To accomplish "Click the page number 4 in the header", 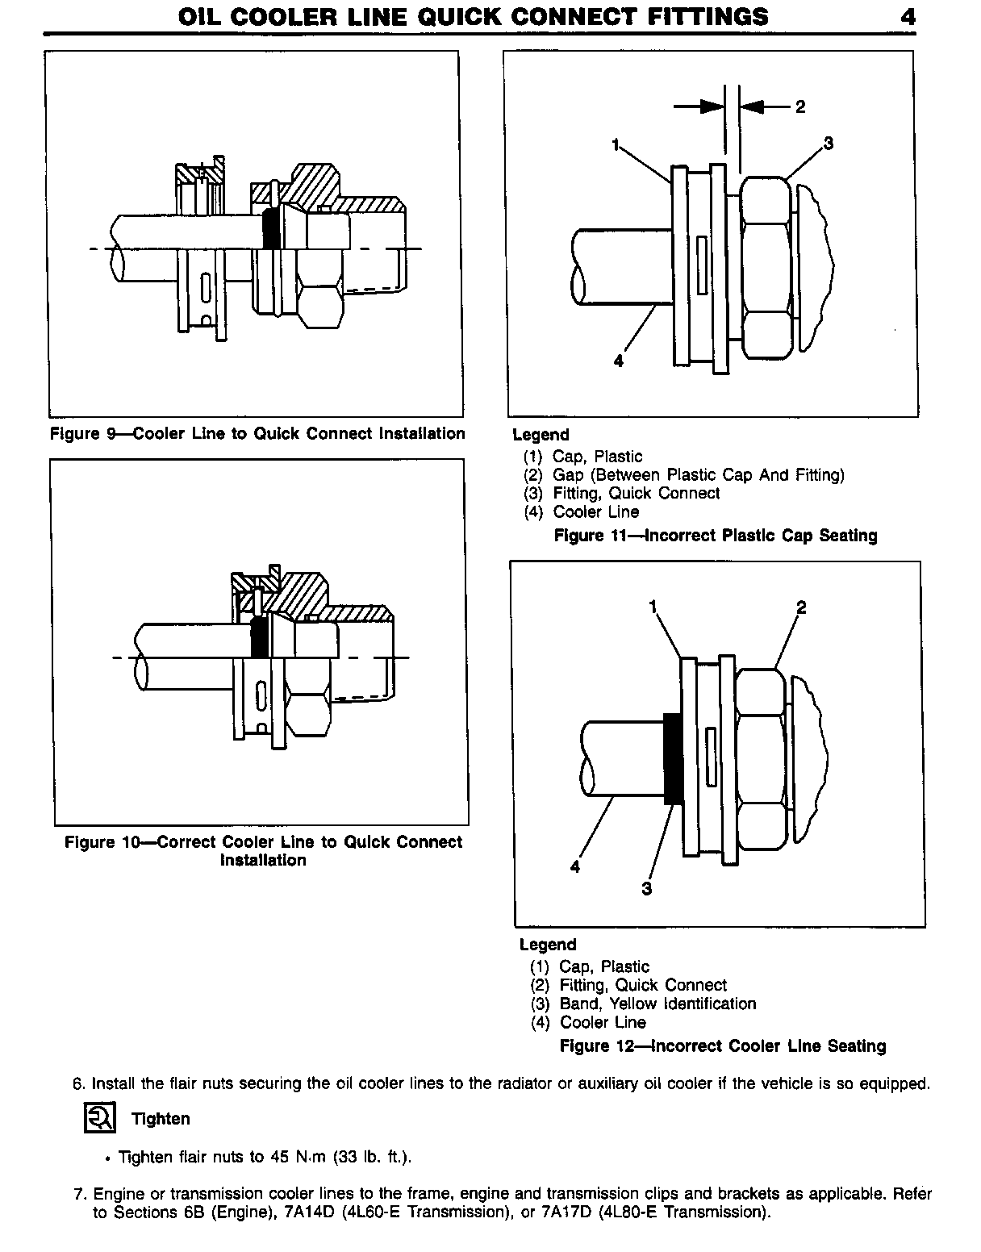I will click(908, 16).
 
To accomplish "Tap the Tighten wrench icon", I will click(101, 1117).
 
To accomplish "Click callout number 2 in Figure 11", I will click(799, 106).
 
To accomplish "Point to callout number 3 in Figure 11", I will click(828, 144).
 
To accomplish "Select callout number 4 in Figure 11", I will click(618, 361).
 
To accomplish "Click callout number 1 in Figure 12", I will click(653, 607).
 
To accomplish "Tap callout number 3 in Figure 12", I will click(646, 888).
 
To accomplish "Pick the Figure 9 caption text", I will click(257, 433).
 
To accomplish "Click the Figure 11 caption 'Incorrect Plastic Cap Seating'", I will click(715, 536).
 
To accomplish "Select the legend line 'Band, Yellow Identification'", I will click(643, 1004).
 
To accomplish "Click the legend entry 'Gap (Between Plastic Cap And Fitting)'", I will click(683, 474).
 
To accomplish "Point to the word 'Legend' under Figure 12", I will click(548, 945).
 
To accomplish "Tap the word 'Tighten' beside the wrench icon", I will click(161, 1118).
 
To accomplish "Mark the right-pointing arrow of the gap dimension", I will click(699, 106).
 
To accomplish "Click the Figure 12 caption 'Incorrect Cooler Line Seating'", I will click(723, 1046).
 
